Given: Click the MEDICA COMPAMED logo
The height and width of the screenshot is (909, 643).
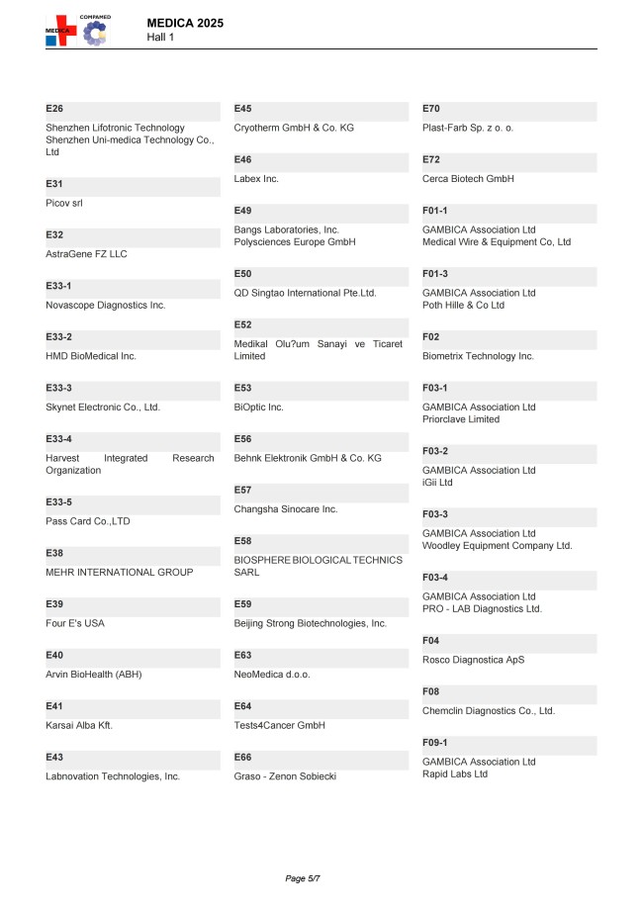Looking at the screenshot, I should [x=78, y=30].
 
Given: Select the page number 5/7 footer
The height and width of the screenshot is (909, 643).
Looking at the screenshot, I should [x=303, y=878].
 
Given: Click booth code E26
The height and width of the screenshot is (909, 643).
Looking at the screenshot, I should [x=54, y=108].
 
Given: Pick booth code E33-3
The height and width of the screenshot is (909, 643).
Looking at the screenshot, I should [x=59, y=387].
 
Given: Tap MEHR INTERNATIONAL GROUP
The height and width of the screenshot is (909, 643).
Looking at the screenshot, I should [x=119, y=572].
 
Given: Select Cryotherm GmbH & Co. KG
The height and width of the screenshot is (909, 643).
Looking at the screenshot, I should [x=294, y=128].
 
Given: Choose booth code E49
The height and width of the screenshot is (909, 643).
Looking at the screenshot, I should [x=242, y=211].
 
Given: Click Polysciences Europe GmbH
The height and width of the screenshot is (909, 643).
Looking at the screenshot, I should [x=294, y=242].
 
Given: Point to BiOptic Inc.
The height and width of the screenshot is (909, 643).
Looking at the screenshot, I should [x=258, y=407].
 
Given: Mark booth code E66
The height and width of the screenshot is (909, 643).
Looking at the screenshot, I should [x=242, y=757].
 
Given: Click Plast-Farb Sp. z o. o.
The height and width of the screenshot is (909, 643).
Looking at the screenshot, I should [x=468, y=128].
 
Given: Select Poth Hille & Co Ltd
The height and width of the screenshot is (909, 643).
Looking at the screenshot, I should [x=463, y=305].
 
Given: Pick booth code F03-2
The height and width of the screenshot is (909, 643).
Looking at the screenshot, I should [x=435, y=450].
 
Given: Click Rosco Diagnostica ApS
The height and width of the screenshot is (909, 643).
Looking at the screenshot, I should [x=474, y=660].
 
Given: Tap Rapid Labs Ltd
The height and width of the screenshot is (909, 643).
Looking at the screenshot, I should [x=455, y=773].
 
